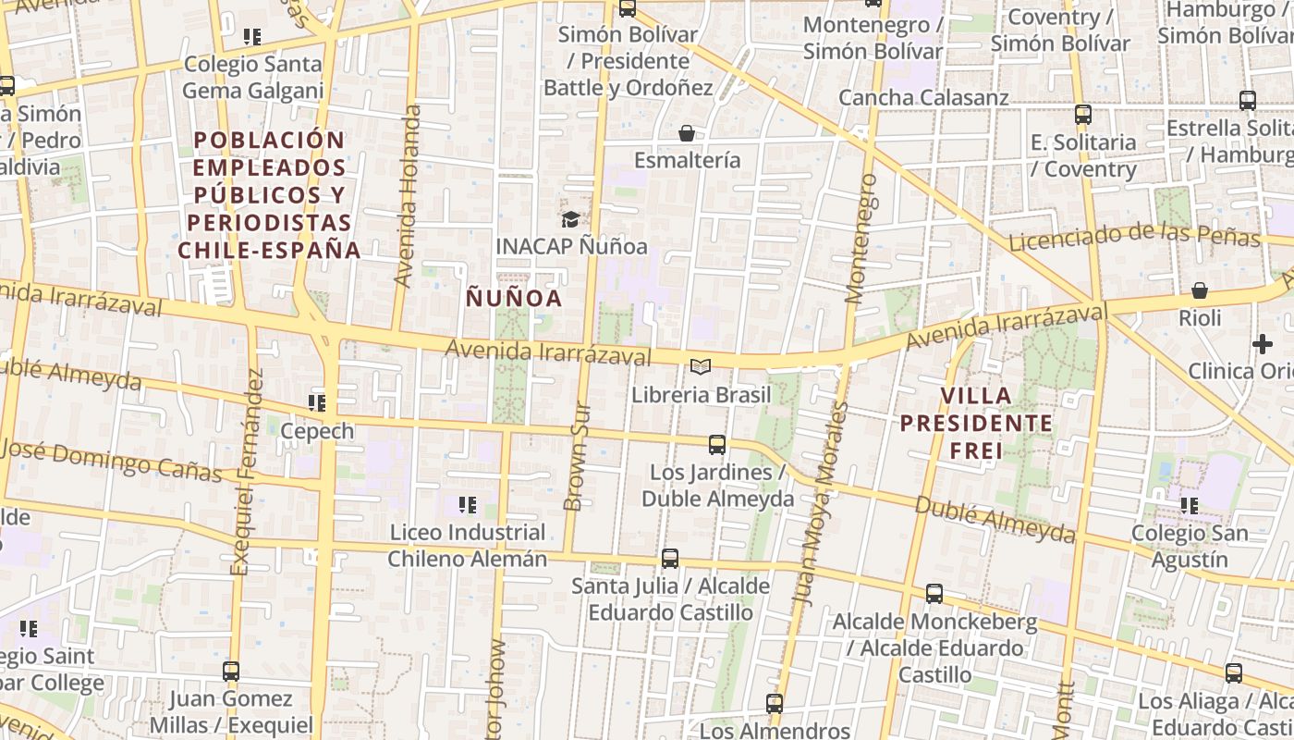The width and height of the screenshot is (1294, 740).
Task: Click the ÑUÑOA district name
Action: point(514,298)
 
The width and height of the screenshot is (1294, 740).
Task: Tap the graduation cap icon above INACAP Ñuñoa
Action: point(570,219)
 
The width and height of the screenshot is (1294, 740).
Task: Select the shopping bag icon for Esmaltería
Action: point(687,133)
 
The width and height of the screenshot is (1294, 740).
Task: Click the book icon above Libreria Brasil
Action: point(701,367)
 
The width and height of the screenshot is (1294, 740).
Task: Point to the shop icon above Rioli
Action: point(1200,290)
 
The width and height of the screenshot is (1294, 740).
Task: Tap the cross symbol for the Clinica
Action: point(1263,344)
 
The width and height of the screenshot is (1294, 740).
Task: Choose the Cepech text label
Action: point(317,431)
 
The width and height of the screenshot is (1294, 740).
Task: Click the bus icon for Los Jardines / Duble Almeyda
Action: point(716,445)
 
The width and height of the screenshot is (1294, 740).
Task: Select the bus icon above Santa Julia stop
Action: point(670,559)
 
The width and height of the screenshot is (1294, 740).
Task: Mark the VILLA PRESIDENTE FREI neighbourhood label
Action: point(995,424)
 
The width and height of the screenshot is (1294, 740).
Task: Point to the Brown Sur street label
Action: point(576,455)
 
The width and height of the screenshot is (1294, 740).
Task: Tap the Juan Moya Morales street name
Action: point(821,504)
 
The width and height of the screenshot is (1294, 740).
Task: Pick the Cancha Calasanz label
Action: point(923,97)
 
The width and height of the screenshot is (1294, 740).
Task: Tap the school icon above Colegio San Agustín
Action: point(1190,506)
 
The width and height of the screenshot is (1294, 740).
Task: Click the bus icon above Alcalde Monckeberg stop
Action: point(934,594)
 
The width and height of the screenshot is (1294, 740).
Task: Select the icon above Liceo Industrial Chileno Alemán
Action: point(468,505)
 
